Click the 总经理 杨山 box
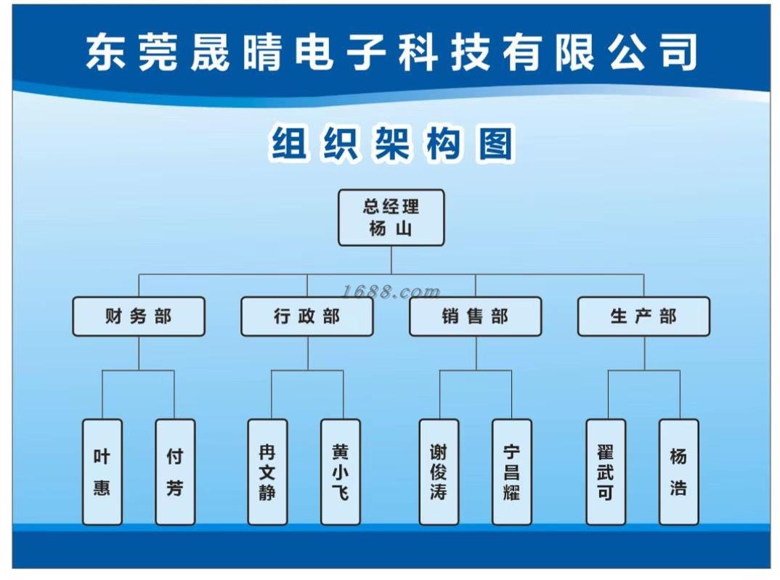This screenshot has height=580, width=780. (x=391, y=218)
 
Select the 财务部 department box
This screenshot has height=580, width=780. (x=139, y=316)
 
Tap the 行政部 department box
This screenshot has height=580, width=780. (x=307, y=316)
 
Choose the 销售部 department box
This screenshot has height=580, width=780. (x=476, y=316)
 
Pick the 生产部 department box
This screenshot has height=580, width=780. (x=643, y=316)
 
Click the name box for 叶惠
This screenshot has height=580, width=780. (x=102, y=472)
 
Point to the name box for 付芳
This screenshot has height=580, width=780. (x=175, y=472)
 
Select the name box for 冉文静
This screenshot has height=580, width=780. (x=267, y=472)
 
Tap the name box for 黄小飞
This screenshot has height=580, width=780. (x=341, y=472)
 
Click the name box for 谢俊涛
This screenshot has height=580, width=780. (x=439, y=472)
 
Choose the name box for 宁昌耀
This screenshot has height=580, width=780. (x=512, y=472)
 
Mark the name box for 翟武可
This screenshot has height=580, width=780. (x=606, y=472)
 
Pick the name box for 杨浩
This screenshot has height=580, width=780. (x=679, y=472)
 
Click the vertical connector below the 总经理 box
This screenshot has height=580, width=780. (x=391, y=260)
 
